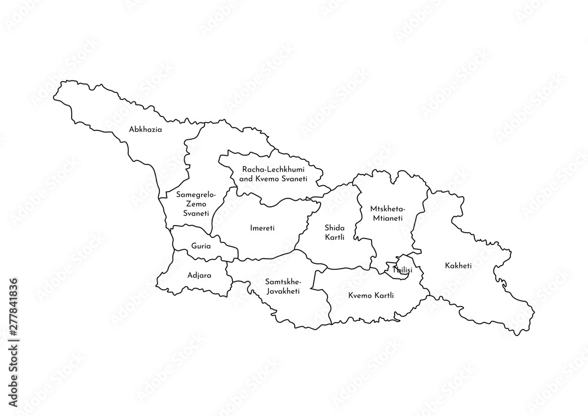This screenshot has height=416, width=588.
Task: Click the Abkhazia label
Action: [146, 129]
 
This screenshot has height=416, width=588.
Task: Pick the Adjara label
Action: [199, 274]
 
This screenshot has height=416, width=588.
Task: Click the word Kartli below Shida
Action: [334, 237]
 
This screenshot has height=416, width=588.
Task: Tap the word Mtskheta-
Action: [386, 209]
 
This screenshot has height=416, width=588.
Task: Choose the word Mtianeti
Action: [386, 217]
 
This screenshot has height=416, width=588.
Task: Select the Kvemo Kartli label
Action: [370, 295]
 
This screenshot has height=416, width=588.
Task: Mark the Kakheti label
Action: [458, 266]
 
